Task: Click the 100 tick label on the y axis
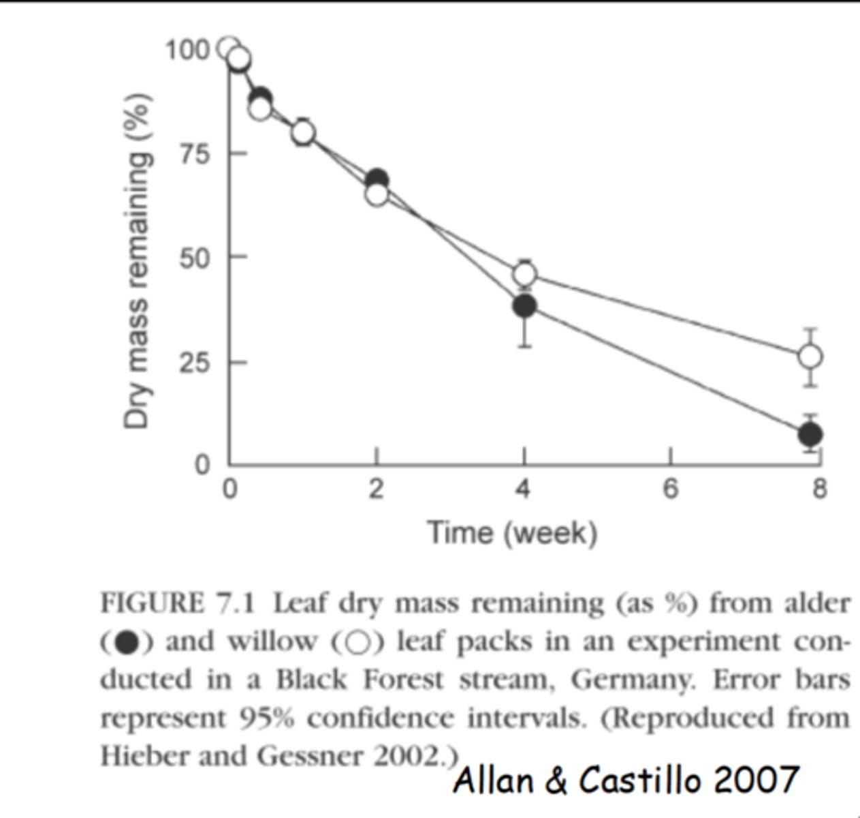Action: click(x=187, y=50)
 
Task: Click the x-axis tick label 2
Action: click(x=376, y=489)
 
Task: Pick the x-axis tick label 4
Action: click(x=523, y=489)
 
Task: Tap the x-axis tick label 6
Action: click(x=671, y=489)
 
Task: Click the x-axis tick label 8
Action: click(x=819, y=489)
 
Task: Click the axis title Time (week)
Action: click(x=512, y=532)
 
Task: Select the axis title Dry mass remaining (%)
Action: click(x=137, y=259)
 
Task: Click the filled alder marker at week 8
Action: click(x=810, y=434)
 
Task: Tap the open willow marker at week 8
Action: click(x=810, y=356)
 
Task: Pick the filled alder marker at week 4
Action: click(x=524, y=306)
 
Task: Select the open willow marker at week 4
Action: click(x=524, y=274)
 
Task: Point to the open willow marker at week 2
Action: click(x=377, y=195)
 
